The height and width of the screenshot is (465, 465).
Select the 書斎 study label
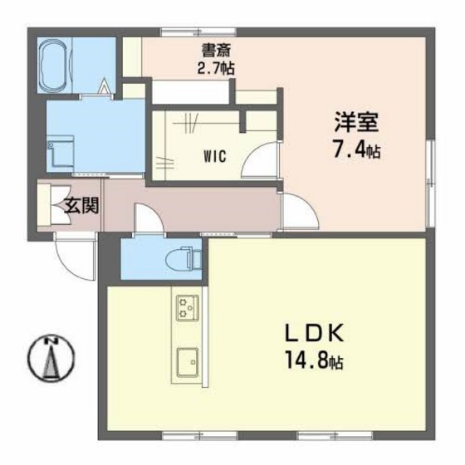[215, 50]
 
